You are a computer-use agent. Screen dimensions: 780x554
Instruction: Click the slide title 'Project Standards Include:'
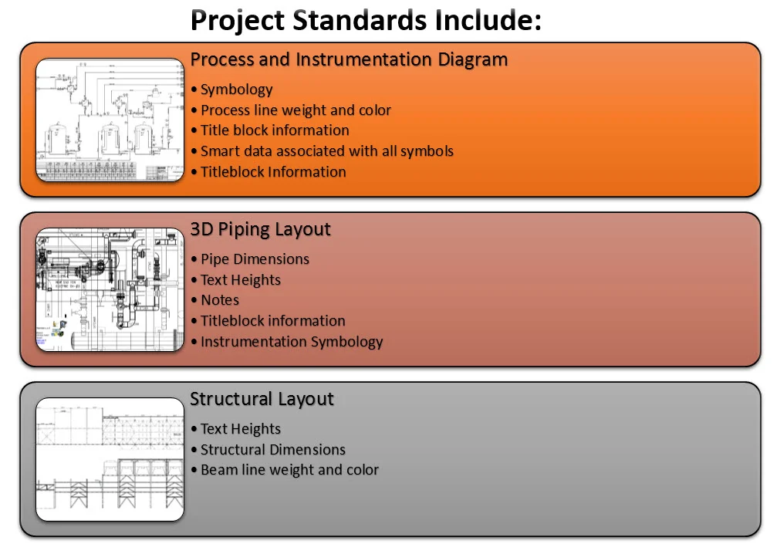pos(366,21)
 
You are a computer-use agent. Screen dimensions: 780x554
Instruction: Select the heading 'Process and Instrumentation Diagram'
pos(349,59)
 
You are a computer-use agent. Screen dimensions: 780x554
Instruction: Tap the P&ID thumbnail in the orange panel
pos(110,120)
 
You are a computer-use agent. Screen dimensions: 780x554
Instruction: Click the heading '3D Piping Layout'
pos(260,229)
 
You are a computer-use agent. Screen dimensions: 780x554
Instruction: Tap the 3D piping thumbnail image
pos(110,289)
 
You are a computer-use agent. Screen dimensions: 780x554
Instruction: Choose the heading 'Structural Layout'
pos(262,399)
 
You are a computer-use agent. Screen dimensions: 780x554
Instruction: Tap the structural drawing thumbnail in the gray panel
pos(110,459)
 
